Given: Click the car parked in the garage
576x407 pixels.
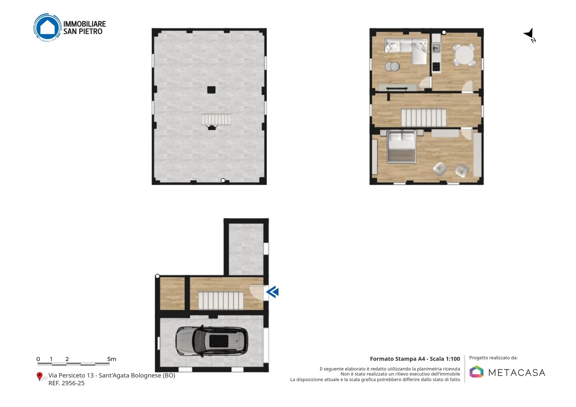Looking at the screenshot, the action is (212, 341).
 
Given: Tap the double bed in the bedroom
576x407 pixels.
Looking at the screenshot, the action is (402, 147).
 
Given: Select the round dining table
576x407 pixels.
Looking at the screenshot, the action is (464, 55).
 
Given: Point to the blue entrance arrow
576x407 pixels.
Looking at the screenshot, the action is (272, 292).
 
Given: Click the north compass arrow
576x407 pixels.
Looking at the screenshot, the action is (529, 34).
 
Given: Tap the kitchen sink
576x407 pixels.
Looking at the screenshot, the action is (436, 48).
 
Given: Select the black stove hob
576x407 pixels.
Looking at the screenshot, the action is (436, 67).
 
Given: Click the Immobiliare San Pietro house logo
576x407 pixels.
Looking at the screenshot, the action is (47, 28).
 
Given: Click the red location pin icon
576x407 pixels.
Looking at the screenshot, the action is (39, 377).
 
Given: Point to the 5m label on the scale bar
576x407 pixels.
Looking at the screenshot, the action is (112, 359).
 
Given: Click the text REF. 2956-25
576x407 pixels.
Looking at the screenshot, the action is (66, 383).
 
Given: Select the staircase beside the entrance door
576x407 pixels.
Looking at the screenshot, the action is (221, 300).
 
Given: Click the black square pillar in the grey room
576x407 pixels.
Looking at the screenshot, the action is (211, 90).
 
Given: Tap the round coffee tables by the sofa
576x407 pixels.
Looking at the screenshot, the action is (392, 66).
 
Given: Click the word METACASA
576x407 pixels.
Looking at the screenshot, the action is (517, 373).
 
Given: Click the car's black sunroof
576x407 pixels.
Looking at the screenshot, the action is (218, 341).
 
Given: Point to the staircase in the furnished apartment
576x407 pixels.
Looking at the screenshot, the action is (424, 118).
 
